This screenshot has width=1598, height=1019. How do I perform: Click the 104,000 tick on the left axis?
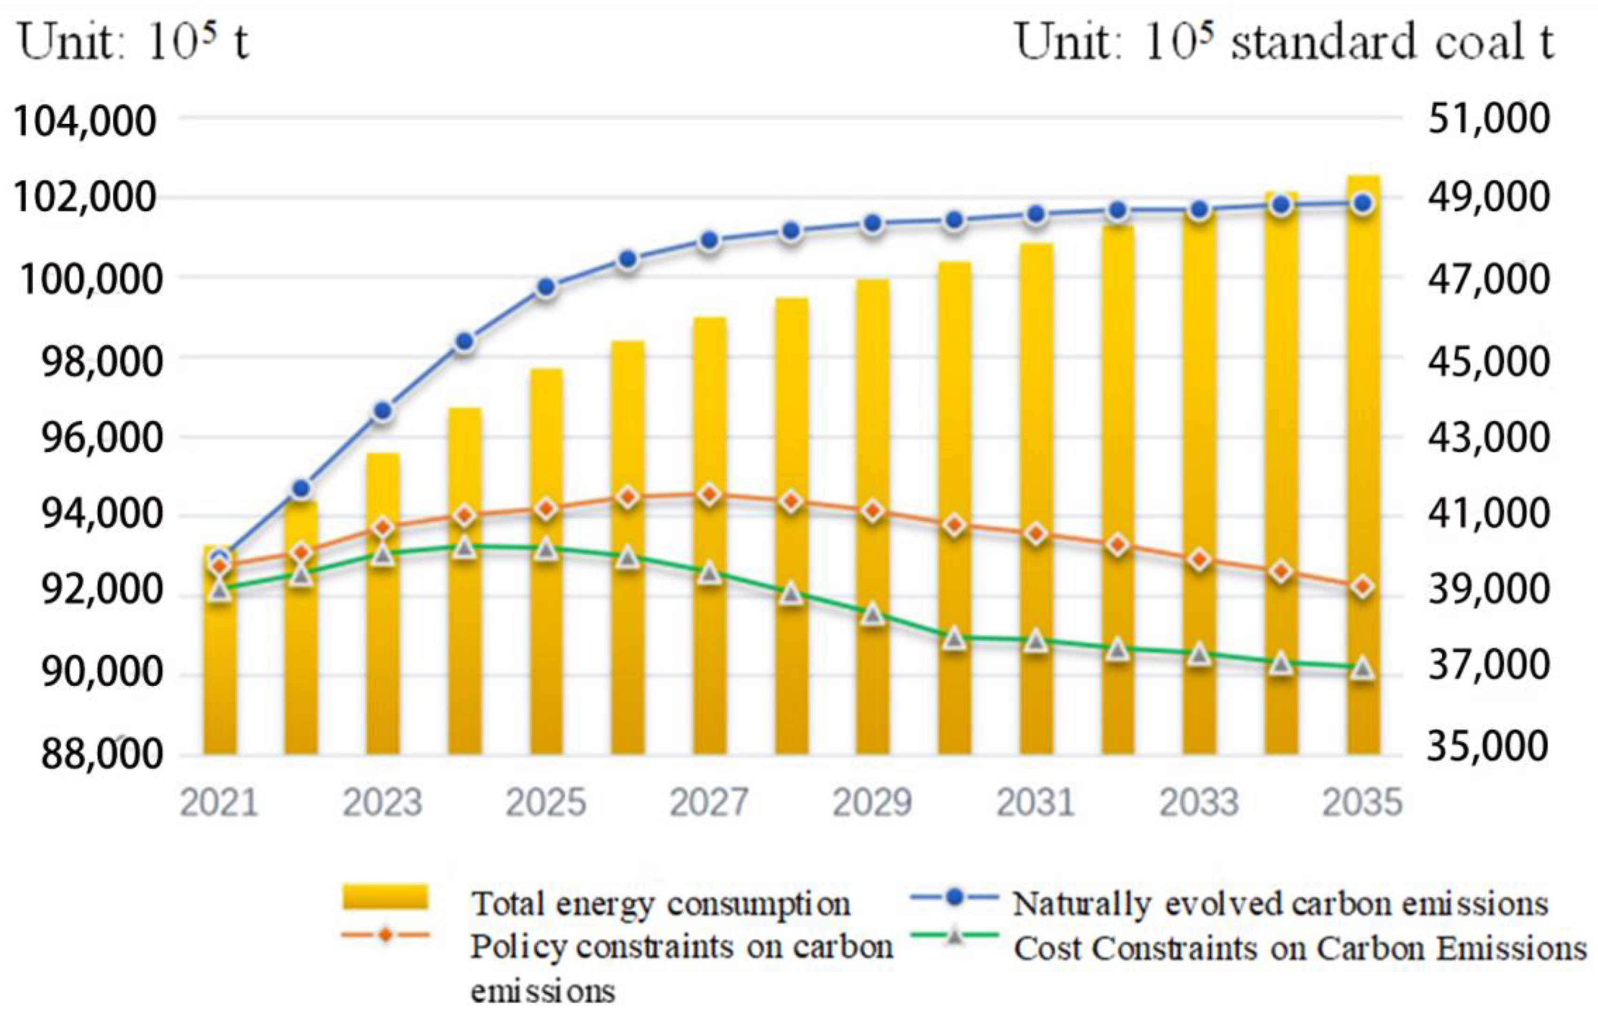84,122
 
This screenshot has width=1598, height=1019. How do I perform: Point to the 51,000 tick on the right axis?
1488,118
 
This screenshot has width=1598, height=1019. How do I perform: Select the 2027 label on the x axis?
709,802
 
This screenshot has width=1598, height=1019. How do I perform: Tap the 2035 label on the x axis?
1363,802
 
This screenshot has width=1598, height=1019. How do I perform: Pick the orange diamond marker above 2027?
709,494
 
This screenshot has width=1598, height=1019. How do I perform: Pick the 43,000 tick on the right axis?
1488,437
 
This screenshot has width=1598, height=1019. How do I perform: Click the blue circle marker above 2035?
1363,203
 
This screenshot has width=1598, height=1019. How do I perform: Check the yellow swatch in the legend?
385,897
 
